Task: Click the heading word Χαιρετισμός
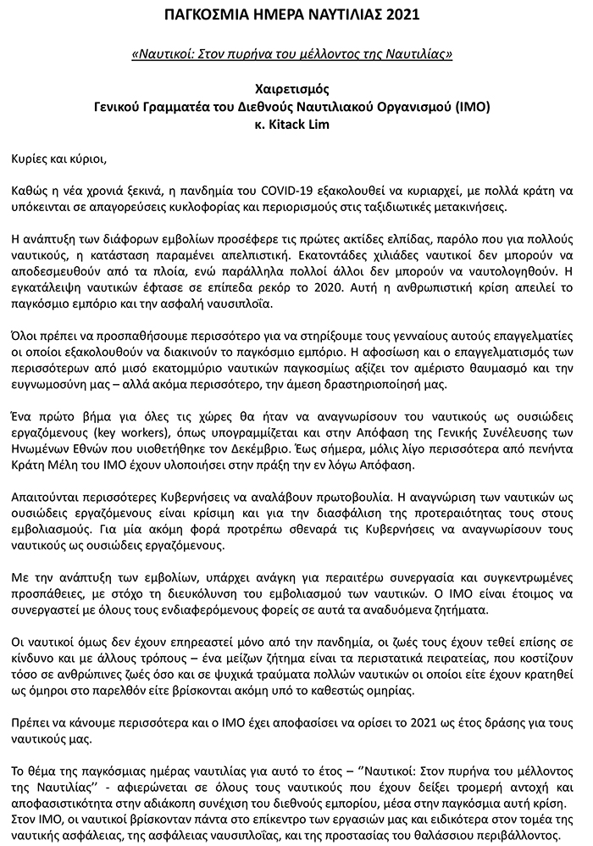click(296, 88)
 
